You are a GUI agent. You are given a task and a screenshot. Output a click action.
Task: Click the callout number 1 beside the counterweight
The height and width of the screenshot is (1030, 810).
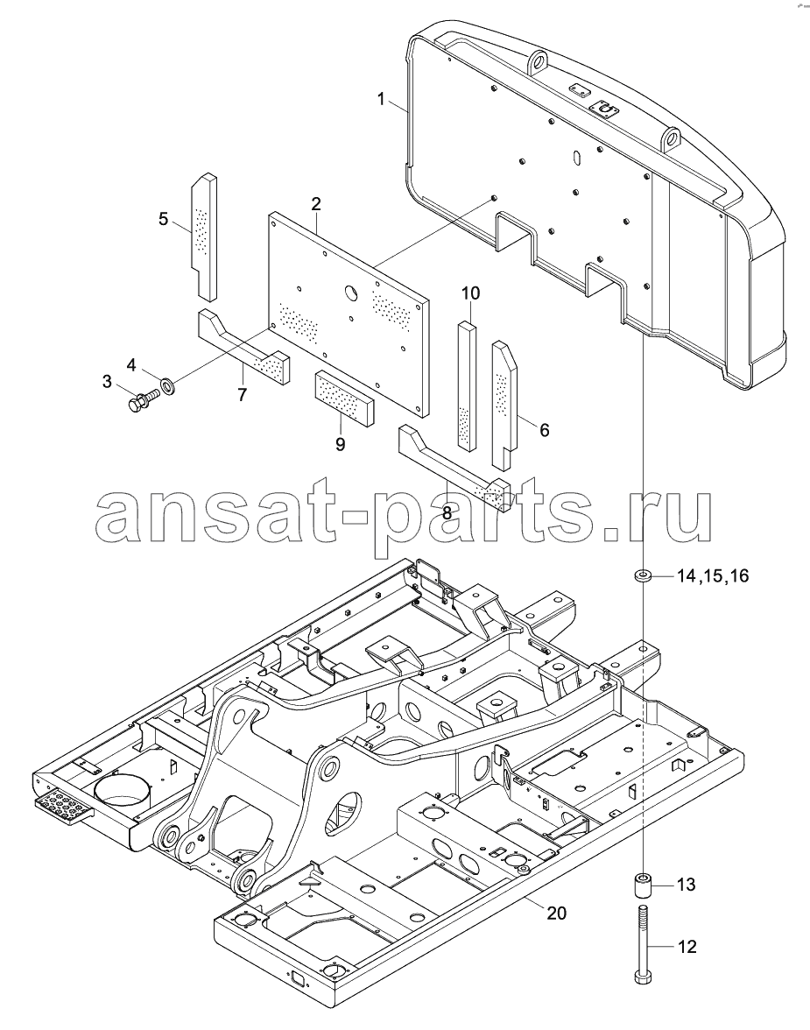(x=381, y=100)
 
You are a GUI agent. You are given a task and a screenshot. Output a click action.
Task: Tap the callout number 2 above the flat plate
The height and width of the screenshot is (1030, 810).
(x=316, y=203)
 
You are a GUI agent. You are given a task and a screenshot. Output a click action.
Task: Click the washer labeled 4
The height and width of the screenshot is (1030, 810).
(x=167, y=383)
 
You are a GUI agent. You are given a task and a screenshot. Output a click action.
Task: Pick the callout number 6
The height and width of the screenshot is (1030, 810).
(x=544, y=430)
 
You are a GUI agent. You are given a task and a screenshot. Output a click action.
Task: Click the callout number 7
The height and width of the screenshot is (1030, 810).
(x=242, y=396)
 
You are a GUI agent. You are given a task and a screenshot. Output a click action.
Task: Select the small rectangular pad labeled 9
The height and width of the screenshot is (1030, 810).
(x=344, y=396)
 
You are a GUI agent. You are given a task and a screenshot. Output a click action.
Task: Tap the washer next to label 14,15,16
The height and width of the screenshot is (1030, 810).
(x=644, y=576)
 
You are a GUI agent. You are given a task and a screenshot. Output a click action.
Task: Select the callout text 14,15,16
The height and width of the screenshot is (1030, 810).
(x=713, y=576)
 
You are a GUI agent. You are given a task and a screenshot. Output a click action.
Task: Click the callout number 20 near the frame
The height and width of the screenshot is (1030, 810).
(x=556, y=913)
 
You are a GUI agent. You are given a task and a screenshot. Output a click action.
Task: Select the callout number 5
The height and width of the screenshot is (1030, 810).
(x=164, y=219)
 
